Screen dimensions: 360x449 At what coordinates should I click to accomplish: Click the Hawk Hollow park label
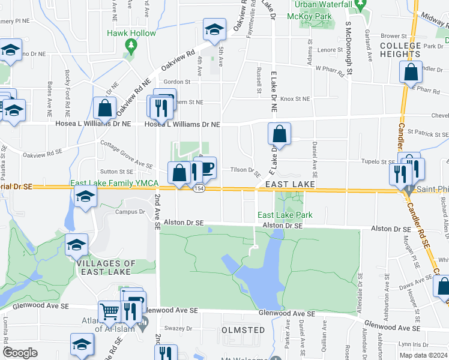click(x=131, y=33)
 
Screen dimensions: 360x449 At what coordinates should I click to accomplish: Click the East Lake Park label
click(x=285, y=215)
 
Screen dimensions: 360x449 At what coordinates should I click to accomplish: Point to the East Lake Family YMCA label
click(x=114, y=182)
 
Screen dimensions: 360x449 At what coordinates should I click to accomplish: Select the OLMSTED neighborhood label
click(x=243, y=330)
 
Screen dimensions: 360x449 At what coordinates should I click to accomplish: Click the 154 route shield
click(x=198, y=188)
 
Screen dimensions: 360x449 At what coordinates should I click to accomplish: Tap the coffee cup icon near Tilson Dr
click(x=207, y=168)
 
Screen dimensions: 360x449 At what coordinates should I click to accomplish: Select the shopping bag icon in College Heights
click(x=411, y=73)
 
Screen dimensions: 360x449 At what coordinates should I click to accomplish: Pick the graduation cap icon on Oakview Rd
click(x=214, y=30)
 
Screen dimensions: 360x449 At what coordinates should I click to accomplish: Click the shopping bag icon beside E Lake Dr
click(x=279, y=134)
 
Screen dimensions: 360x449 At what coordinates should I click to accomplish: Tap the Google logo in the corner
click(x=20, y=352)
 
